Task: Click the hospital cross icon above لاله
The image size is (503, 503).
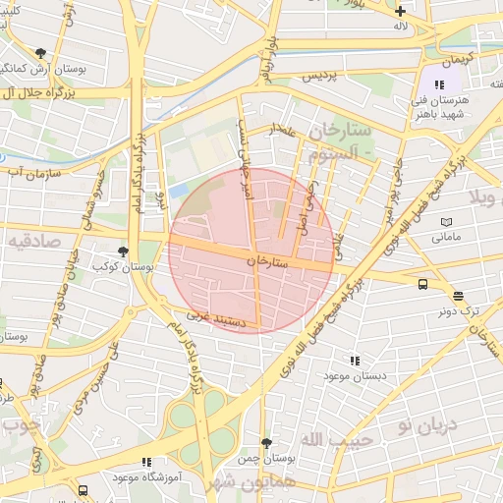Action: click(x=400, y=11)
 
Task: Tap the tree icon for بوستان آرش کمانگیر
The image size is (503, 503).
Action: click(x=40, y=53)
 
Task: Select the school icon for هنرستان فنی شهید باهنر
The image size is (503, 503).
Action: click(x=438, y=85)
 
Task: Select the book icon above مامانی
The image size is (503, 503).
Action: click(x=446, y=223)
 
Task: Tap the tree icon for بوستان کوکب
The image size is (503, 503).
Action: click(x=123, y=251)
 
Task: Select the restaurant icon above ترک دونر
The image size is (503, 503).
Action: click(x=459, y=296)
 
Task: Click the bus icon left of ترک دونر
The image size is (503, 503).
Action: click(x=422, y=284)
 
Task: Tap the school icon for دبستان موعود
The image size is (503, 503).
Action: click(x=355, y=361)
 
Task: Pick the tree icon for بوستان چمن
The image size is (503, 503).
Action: click(x=265, y=444)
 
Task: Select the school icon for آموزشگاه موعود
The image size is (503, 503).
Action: click(x=146, y=462)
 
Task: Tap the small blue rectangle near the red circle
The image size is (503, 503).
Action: click(x=178, y=190)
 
